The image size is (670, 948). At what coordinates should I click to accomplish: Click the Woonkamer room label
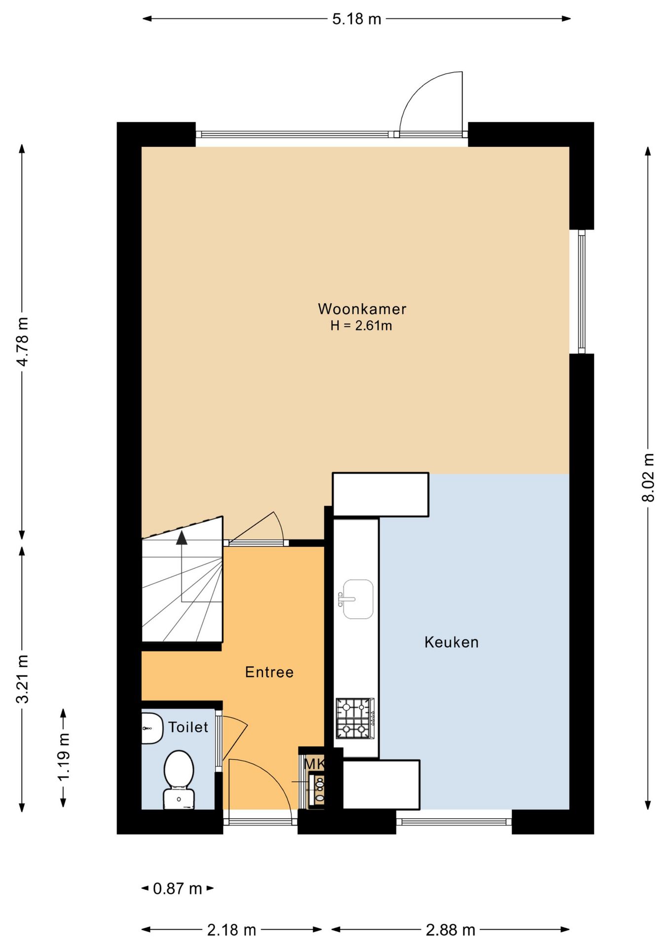[x=362, y=309]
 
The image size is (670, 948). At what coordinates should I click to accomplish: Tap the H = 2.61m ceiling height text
[x=361, y=326]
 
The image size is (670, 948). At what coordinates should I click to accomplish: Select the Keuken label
[x=451, y=642]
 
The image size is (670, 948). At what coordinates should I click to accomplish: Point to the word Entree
[x=269, y=672]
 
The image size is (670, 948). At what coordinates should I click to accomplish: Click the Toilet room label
[x=188, y=727]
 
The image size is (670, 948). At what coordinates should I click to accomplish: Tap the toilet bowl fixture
[x=179, y=780]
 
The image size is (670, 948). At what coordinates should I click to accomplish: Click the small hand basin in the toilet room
[x=152, y=728]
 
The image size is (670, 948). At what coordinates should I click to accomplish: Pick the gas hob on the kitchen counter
[x=355, y=718]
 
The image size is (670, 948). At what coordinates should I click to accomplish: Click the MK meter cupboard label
[x=314, y=764]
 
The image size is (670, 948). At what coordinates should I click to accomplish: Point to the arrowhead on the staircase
[x=182, y=537]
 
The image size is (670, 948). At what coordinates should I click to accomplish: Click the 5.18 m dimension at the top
[x=357, y=19]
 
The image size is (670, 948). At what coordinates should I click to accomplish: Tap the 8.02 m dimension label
[x=648, y=477]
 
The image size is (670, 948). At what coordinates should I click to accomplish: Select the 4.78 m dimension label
[x=22, y=342]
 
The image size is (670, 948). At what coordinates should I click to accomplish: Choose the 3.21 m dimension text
[x=22, y=679]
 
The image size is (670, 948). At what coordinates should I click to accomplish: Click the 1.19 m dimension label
[x=63, y=757]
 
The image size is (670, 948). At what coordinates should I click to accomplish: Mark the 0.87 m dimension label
[x=178, y=889]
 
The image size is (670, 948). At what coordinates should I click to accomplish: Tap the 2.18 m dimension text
[x=231, y=930]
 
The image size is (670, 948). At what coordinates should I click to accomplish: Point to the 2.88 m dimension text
[x=450, y=930]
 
